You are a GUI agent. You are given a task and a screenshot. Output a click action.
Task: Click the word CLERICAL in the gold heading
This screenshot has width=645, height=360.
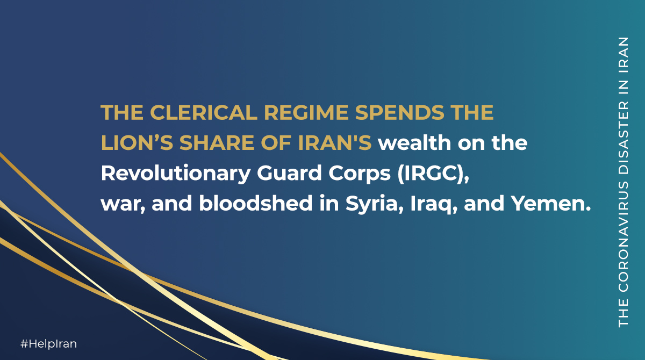pyautogui.click(x=204, y=112)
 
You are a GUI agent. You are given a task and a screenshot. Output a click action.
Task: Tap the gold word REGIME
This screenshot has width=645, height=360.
pyautogui.click(x=306, y=112)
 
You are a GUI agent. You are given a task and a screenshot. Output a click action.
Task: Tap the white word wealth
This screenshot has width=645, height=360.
pyautogui.click(x=414, y=143)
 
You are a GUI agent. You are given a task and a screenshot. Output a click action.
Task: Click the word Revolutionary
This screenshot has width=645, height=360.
pyautogui.click(x=175, y=174)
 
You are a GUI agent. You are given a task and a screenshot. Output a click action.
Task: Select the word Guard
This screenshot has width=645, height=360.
pyautogui.click(x=289, y=173)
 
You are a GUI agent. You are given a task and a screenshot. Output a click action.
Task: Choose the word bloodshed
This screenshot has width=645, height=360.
pyautogui.click(x=256, y=204)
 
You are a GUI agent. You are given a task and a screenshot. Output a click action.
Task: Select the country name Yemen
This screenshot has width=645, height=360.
pyautogui.click(x=551, y=204)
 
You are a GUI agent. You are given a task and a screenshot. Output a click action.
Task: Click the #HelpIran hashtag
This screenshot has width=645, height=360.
pyautogui.click(x=49, y=344)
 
